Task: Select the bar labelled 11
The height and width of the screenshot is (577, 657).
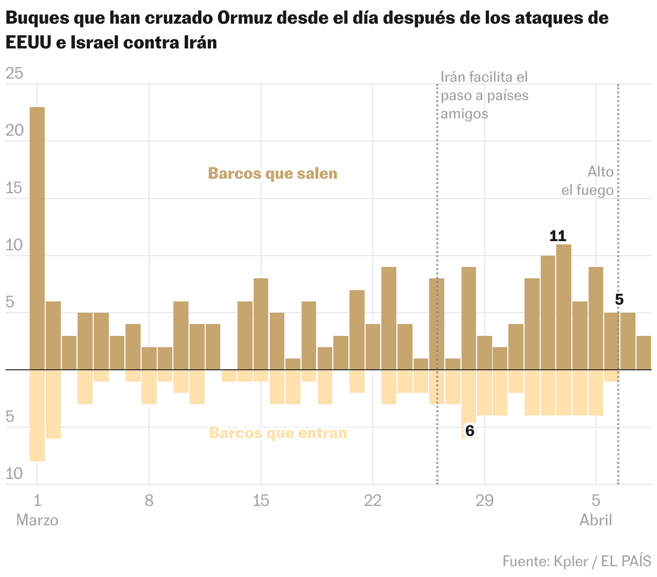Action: click(564, 307)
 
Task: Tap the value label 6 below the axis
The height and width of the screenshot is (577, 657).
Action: click(470, 431)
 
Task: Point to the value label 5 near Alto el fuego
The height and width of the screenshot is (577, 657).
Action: click(619, 300)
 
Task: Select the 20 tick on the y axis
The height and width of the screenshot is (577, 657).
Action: click(15, 131)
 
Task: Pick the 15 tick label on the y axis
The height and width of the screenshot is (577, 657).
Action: click(15, 188)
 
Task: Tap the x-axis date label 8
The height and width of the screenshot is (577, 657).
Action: click(149, 501)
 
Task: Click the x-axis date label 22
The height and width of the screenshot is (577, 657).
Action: click(373, 501)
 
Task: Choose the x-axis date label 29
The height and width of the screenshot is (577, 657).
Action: click(485, 501)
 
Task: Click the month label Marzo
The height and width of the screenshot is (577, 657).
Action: click(37, 520)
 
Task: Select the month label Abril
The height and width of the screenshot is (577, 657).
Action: click(596, 520)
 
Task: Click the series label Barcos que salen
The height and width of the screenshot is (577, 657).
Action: click(272, 173)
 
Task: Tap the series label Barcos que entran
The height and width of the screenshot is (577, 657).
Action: click(278, 433)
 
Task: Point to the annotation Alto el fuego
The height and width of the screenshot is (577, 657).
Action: click(588, 181)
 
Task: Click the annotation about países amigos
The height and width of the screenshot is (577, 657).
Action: click(484, 95)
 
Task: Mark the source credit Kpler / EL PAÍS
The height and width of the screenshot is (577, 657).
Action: click(577, 561)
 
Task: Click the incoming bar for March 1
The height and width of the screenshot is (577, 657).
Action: click(37, 415)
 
